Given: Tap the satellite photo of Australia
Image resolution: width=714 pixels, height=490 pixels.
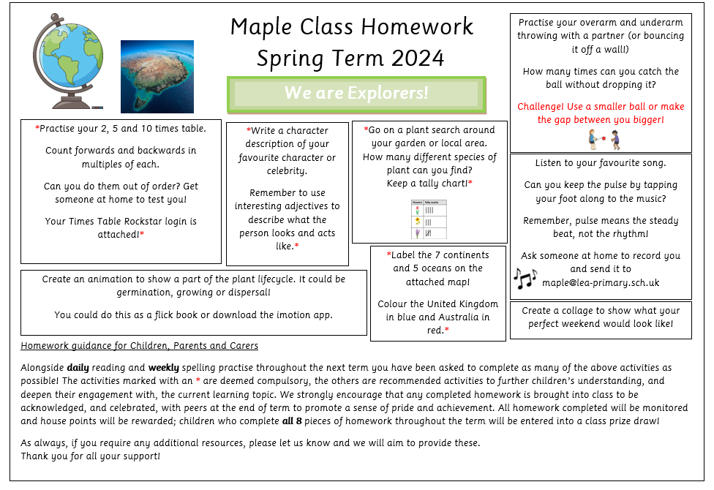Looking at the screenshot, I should click(x=157, y=76).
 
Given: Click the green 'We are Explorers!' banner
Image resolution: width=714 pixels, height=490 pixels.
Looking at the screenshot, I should click(x=356, y=94).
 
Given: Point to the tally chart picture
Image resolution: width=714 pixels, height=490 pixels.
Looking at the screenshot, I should click(x=429, y=219).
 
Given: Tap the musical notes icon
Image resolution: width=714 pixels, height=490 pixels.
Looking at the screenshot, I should click(x=525, y=277).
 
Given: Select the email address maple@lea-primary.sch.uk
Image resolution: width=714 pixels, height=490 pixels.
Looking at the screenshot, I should click(x=601, y=282).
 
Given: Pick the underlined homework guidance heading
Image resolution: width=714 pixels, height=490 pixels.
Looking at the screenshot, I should click(x=139, y=345).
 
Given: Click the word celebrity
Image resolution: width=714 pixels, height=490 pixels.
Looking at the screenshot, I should click(x=287, y=171).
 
